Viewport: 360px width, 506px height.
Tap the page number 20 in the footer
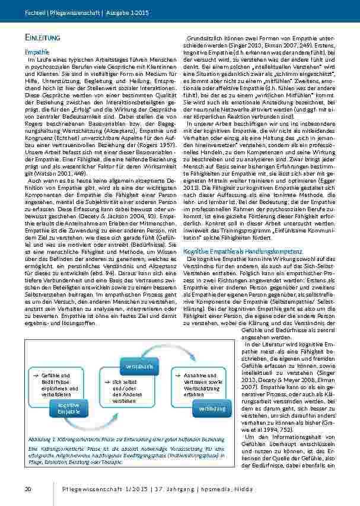[x=27, y=489]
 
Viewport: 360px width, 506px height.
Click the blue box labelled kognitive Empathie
[x=69, y=408]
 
